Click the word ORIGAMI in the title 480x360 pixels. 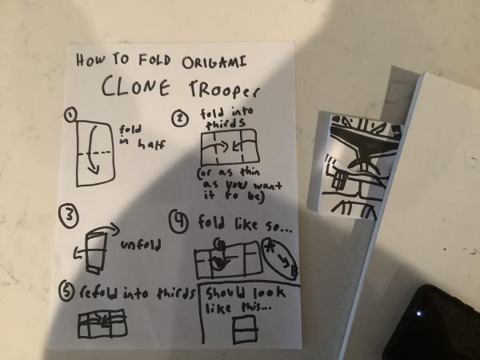click(214, 62)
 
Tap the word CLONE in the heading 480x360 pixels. click(136, 86)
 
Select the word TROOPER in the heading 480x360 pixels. click(224, 88)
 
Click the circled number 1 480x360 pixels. click(71, 114)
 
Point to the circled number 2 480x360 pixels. click(180, 118)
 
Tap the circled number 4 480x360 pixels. click(178, 221)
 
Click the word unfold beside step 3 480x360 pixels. click(141, 245)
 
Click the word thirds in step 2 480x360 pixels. click(226, 124)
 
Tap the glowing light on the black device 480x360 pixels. click(418, 314)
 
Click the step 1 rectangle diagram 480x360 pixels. click(96, 153)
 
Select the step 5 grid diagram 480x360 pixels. click(102, 323)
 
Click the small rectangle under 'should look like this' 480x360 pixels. click(245, 330)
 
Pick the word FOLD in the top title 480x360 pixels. click(154, 60)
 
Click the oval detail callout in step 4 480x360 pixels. click(279, 258)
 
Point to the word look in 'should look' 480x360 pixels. click(269, 293)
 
